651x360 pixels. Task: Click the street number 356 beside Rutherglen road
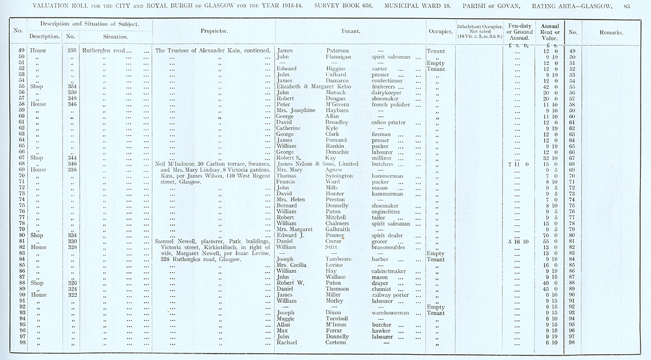click(x=72, y=51)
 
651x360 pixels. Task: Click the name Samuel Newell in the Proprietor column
click(x=176, y=242)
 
